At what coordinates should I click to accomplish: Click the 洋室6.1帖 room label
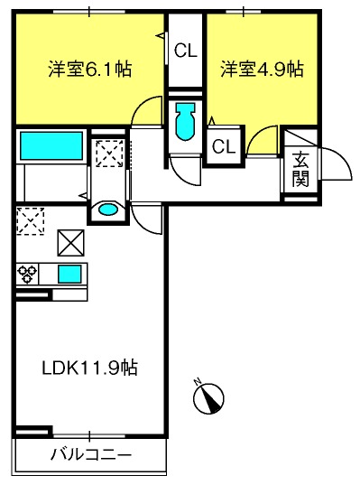[x=90, y=69]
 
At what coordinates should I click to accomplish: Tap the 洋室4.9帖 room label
[x=262, y=69]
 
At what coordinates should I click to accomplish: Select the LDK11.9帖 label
[x=89, y=368]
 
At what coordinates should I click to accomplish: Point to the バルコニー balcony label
[x=91, y=454]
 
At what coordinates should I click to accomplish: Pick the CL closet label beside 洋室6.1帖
[x=185, y=50]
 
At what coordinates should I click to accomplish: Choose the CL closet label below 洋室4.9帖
[x=224, y=146]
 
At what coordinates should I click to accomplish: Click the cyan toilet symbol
[x=185, y=122]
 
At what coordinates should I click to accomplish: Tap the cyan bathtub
[x=51, y=146]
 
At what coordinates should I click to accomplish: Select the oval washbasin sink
[x=108, y=210]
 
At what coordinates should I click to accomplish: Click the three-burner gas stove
[x=27, y=274]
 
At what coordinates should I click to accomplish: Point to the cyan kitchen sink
[x=70, y=274]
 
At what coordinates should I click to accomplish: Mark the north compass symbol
[x=208, y=398]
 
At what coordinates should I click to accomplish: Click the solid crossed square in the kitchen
[x=70, y=243]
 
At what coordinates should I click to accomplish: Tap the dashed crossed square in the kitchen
[x=31, y=221]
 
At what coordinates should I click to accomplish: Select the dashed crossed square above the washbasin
[x=109, y=154]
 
